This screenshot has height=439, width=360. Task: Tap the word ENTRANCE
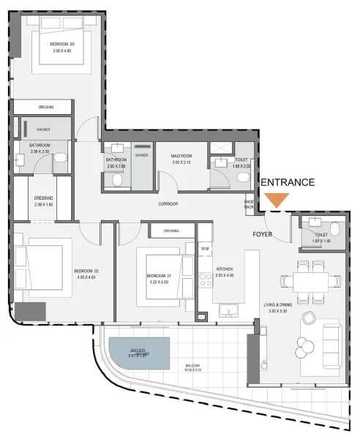coord(288,182)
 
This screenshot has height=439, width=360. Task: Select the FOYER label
coord(263,235)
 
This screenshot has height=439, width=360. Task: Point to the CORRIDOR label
coord(168,203)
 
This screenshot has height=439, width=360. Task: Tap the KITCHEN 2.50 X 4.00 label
coord(224,272)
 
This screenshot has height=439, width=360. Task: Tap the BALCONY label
coord(192,368)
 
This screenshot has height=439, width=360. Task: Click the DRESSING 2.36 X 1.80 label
coord(43,201)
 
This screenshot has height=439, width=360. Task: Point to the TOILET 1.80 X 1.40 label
coord(321,238)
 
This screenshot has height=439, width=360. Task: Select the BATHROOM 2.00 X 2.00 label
coord(117,162)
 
